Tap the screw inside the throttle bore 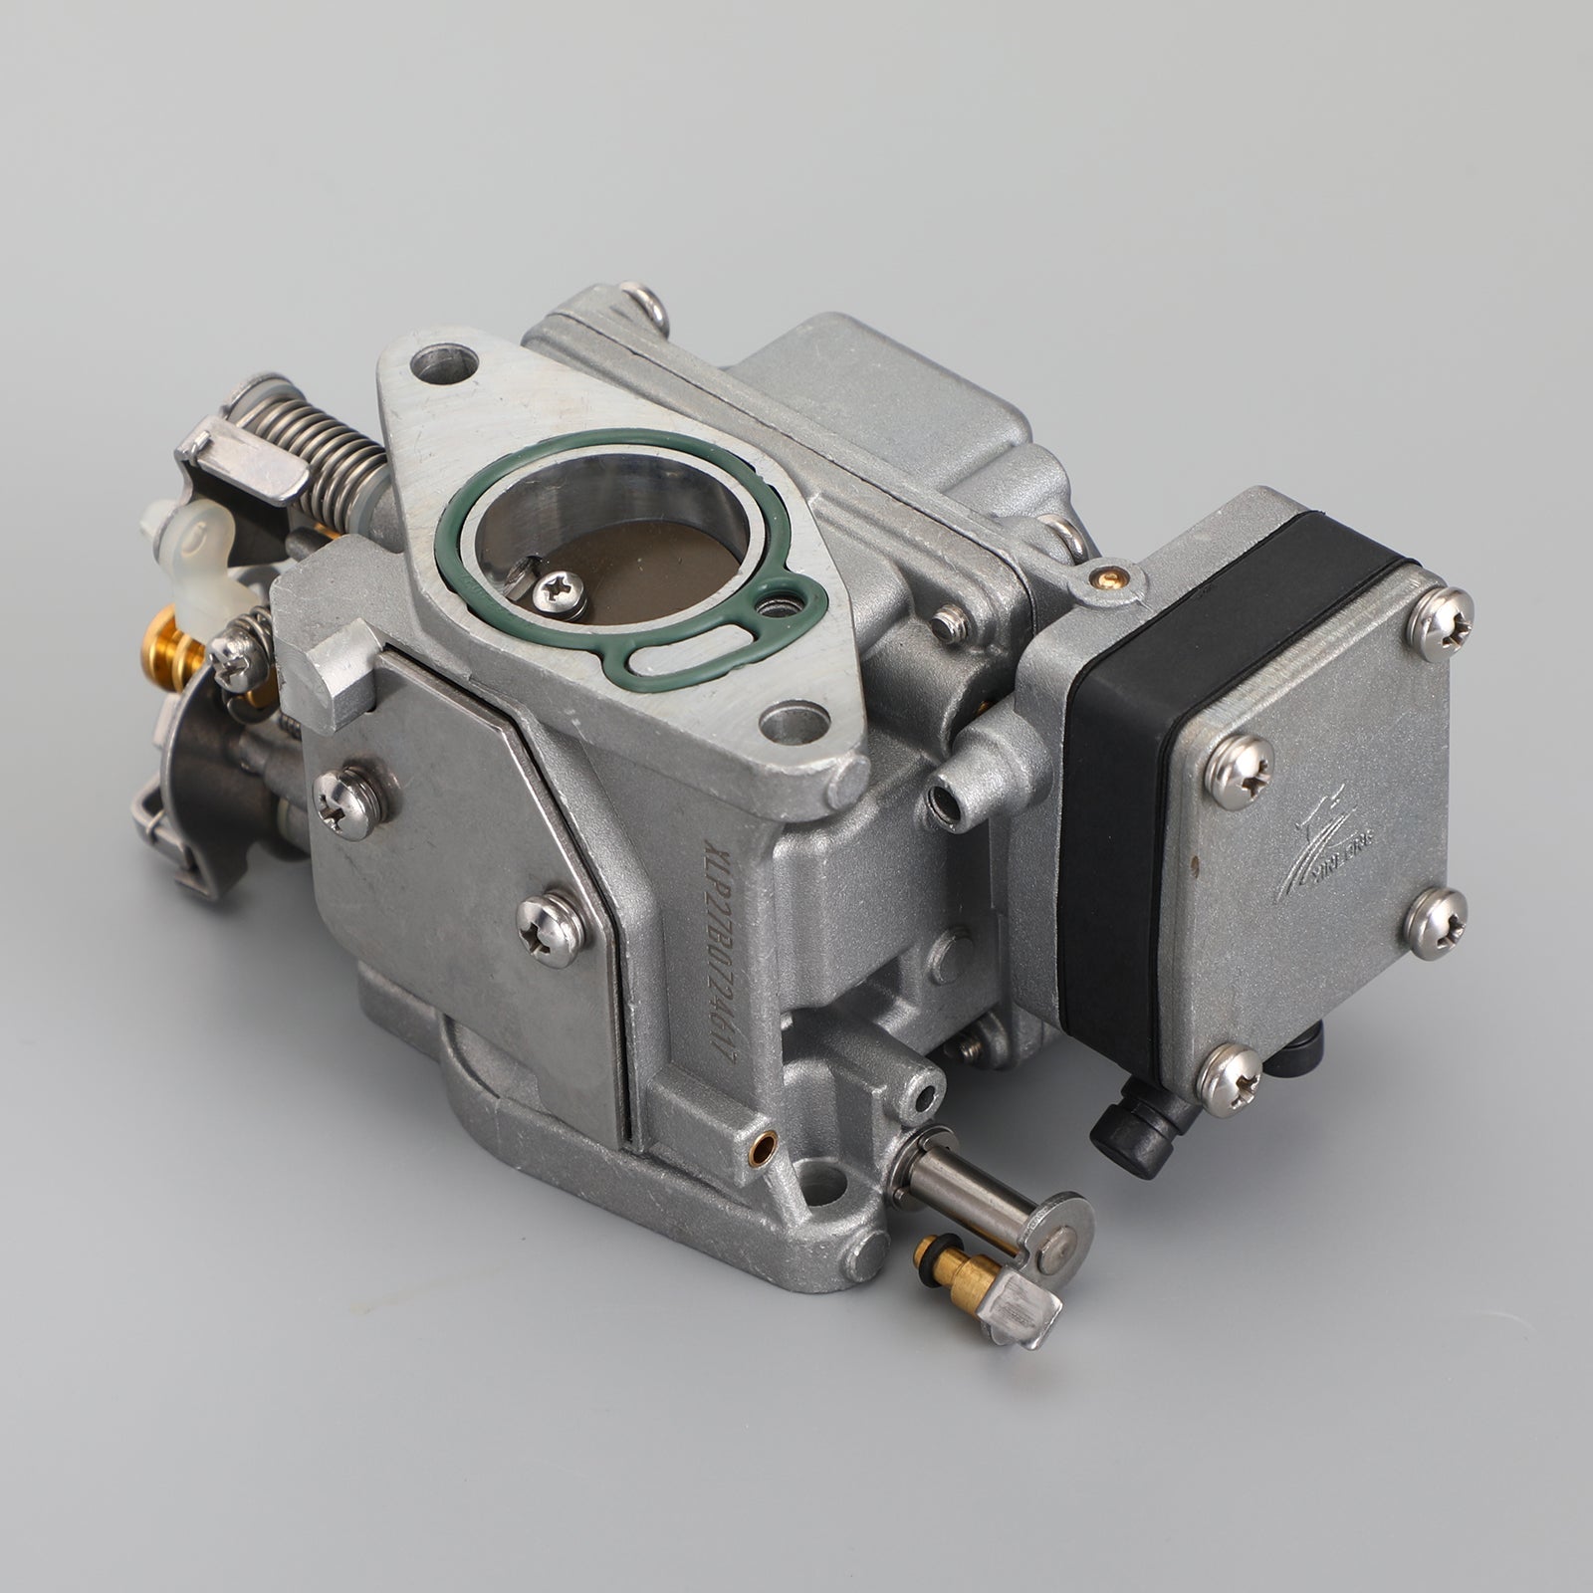[x=559, y=594]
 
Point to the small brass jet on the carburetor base [x=763, y=1146]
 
